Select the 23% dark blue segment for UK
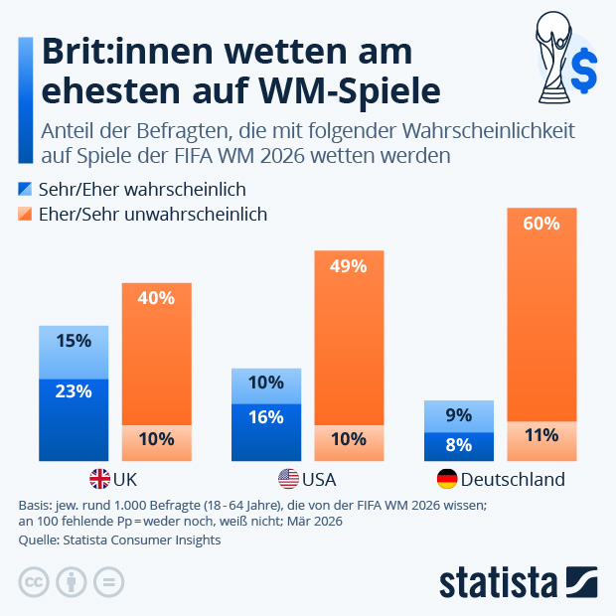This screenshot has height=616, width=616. (x=74, y=419)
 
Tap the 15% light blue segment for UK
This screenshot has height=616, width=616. (x=74, y=352)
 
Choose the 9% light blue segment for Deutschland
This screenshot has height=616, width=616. (x=458, y=416)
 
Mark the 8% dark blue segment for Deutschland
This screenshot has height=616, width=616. (x=458, y=446)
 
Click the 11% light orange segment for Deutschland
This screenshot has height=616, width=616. (x=541, y=441)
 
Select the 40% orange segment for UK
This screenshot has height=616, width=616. (x=156, y=354)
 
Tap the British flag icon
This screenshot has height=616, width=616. (x=100, y=479)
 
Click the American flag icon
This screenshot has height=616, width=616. (x=288, y=479)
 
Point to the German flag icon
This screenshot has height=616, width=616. (x=448, y=479)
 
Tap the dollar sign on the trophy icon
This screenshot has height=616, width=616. (x=585, y=71)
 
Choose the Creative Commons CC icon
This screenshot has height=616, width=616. (x=34, y=582)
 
